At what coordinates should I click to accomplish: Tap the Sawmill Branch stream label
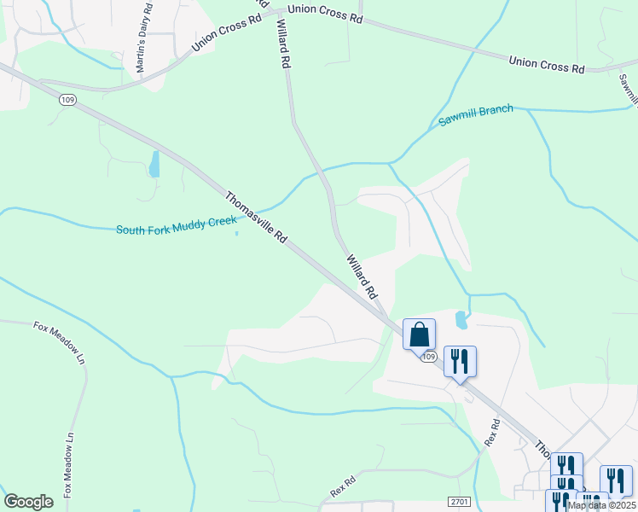tap(476, 115)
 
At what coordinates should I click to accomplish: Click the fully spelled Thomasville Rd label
tap(256, 218)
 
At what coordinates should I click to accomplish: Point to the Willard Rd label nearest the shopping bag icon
tap(362, 275)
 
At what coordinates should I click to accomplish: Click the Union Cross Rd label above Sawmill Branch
tap(546, 64)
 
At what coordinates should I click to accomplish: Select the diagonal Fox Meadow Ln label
tap(60, 338)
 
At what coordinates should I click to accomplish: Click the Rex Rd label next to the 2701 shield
tap(341, 488)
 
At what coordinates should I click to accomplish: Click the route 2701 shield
tap(458, 503)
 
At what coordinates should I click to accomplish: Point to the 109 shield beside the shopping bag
tap(428, 356)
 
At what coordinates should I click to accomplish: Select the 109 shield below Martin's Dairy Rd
tap(67, 100)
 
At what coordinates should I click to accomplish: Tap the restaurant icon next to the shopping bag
tap(460, 360)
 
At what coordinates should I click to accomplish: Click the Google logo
tap(28, 502)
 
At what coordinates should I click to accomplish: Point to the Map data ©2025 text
tap(600, 505)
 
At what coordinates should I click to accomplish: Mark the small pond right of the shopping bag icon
tap(461, 320)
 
